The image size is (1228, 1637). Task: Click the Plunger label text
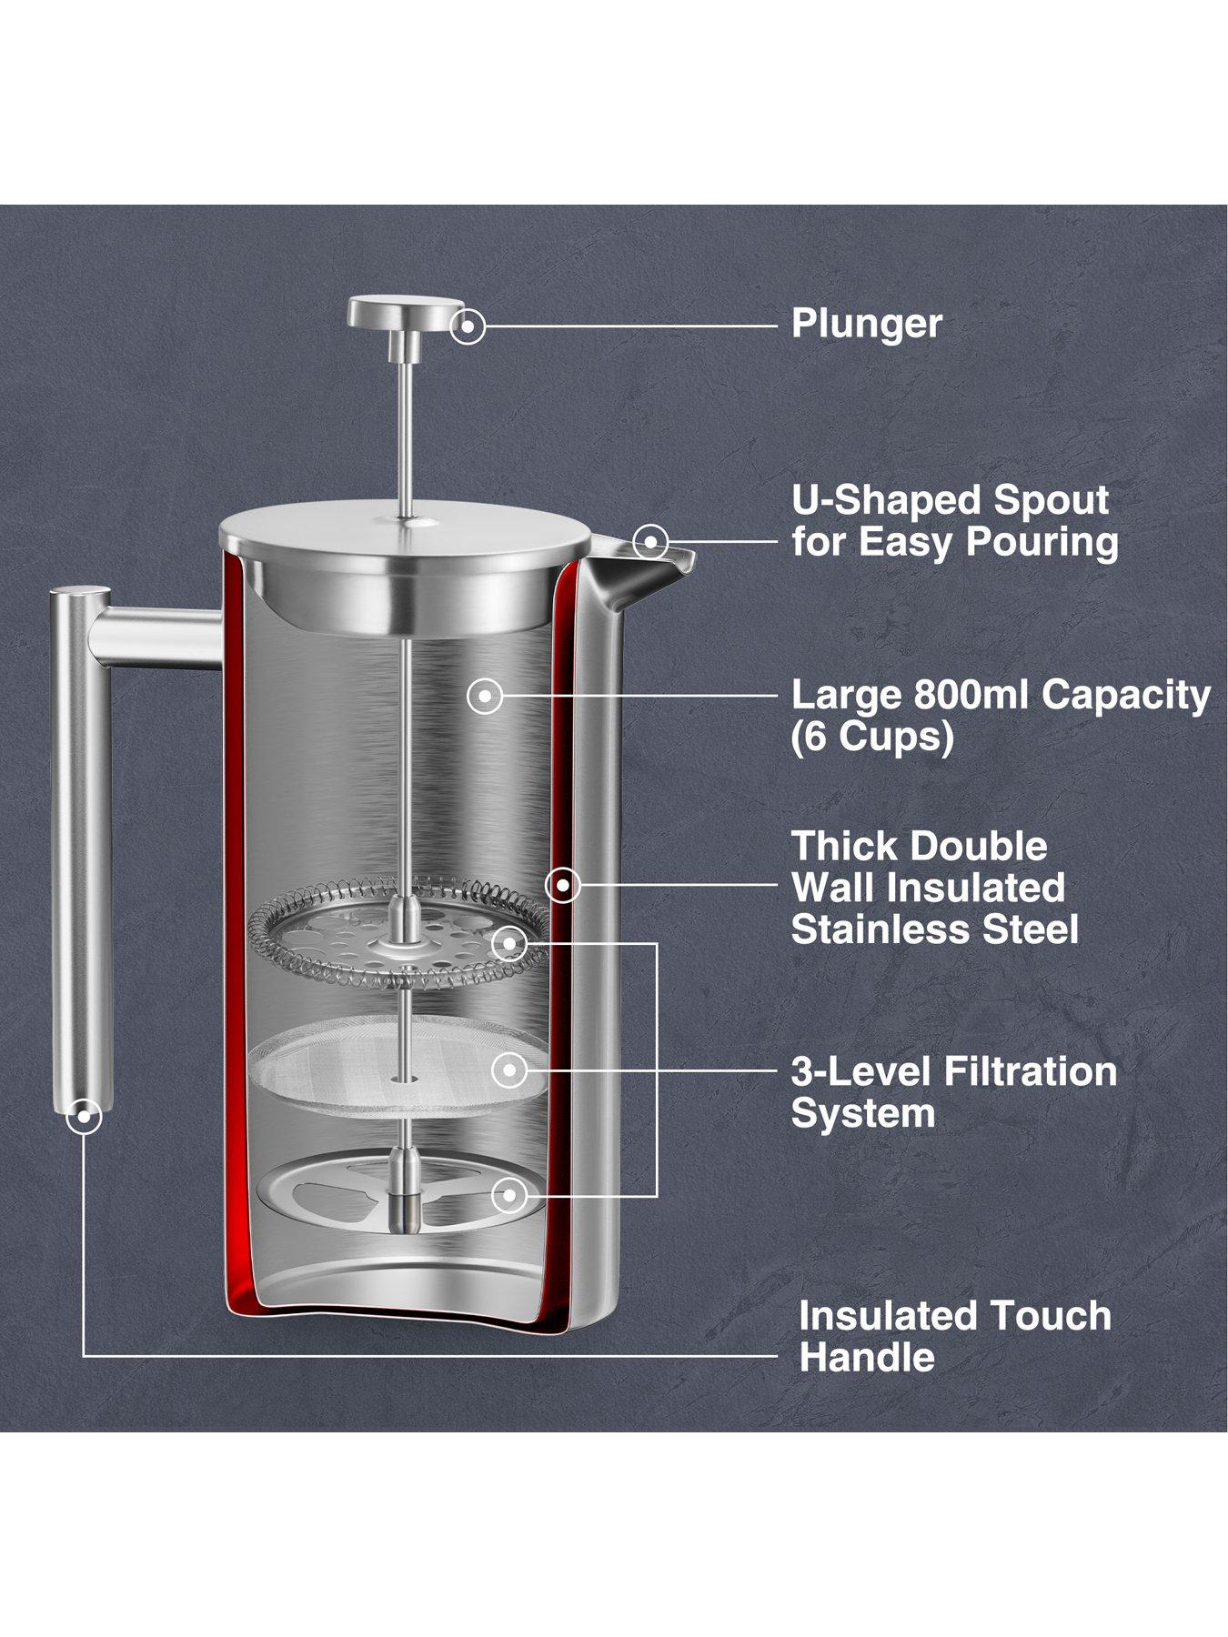(866, 324)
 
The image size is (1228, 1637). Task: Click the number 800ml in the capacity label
(972, 696)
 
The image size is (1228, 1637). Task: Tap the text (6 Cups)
(872, 738)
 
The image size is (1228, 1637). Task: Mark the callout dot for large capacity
(485, 697)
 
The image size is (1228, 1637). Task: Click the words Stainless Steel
(935, 929)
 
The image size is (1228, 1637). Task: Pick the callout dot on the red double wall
(563, 884)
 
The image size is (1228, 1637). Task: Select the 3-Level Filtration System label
(954, 1092)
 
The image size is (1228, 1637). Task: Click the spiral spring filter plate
(398, 931)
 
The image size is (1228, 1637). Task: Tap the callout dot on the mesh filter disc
(509, 1070)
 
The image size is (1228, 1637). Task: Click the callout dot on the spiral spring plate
(509, 943)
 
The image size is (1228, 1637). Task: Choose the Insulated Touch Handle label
(955, 1336)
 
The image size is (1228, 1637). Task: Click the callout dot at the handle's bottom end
(84, 1116)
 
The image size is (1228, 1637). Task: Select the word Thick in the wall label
(843, 847)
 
